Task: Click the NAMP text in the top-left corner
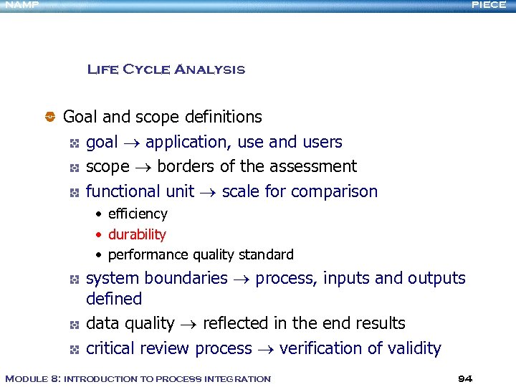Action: click(x=19, y=5)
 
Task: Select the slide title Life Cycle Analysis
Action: click(x=166, y=70)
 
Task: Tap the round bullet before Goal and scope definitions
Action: click(x=51, y=116)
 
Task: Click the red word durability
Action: click(x=137, y=234)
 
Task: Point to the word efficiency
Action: click(x=138, y=214)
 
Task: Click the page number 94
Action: click(x=465, y=378)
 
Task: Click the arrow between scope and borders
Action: click(x=143, y=167)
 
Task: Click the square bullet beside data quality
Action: click(x=74, y=325)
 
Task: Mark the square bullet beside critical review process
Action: click(x=74, y=349)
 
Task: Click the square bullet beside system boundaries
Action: click(x=74, y=279)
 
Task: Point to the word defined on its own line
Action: click(x=114, y=299)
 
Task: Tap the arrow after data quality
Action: click(x=188, y=325)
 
